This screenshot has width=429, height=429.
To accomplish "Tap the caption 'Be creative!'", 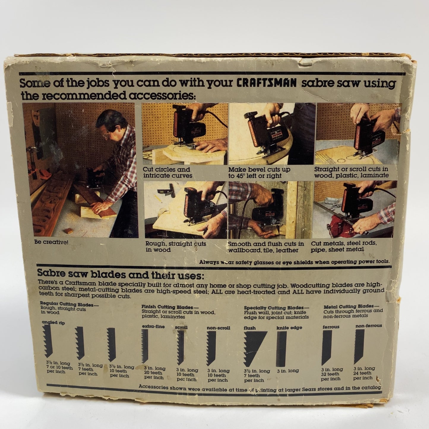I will pos(51,242).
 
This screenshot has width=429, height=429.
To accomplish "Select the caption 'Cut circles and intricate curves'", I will pos(167,172).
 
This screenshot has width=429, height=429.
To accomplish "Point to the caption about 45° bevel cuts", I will pos(259,172).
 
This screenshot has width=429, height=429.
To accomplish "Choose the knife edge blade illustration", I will pos(281,349).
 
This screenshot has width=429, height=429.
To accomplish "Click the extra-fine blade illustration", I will pos(145,346).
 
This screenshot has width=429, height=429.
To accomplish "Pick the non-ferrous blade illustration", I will pos(359,346).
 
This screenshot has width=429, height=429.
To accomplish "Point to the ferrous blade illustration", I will pos(327,347).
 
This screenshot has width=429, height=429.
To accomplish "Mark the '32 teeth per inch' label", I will pos(331,374).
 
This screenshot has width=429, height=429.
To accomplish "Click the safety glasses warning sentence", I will pos(294,262).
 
